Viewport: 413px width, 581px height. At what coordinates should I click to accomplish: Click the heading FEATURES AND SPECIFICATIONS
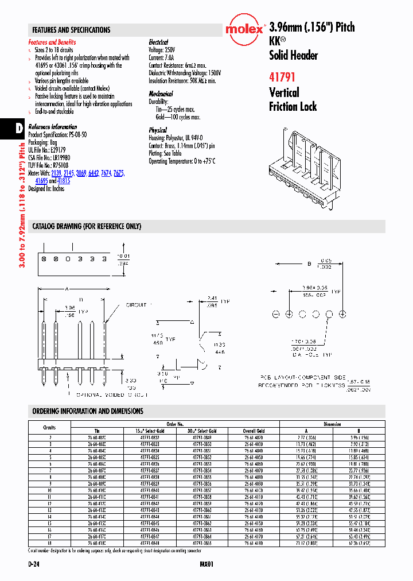pos(71,30)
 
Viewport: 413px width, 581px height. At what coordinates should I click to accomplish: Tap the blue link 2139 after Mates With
pos(56,173)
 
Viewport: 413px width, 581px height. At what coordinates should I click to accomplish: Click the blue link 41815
pos(64,180)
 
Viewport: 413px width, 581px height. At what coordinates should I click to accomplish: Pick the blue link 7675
pos(118,173)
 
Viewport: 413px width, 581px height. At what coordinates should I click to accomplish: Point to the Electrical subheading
pos(158,42)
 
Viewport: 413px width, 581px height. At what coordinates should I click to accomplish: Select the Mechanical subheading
pos(161,94)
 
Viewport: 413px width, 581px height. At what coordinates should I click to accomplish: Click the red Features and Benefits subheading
pos(52,42)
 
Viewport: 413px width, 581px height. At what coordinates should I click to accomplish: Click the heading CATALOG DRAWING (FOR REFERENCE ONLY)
pos(87,227)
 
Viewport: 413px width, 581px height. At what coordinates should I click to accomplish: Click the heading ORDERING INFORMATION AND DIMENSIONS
pos(88,412)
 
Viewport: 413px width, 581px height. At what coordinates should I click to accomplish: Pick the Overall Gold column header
pos(253,431)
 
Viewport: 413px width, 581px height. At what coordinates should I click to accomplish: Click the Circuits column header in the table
pos(49,428)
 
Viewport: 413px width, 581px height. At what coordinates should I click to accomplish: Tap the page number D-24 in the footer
pos(34,565)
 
